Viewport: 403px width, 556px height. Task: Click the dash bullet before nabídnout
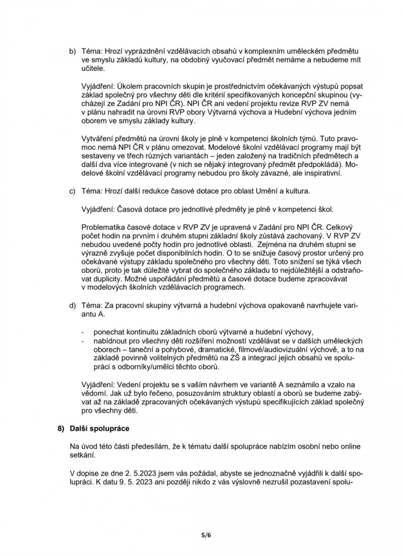point(83,341)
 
